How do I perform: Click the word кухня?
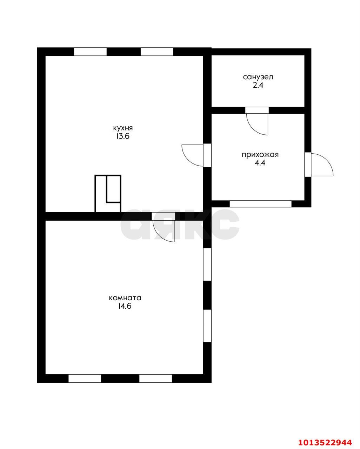tap(123, 128)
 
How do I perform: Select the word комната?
tap(125, 298)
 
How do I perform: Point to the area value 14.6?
tap(125, 306)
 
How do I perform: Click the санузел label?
tap(258, 77)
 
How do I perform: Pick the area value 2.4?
tap(258, 85)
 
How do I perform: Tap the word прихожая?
tap(260, 155)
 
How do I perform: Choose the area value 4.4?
tap(260, 163)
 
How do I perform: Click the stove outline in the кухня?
tap(108, 193)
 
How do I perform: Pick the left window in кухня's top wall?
tap(90, 52)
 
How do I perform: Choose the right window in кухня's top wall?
tap(157, 52)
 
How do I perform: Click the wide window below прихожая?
tap(260, 203)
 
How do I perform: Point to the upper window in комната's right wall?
tap(207, 264)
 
